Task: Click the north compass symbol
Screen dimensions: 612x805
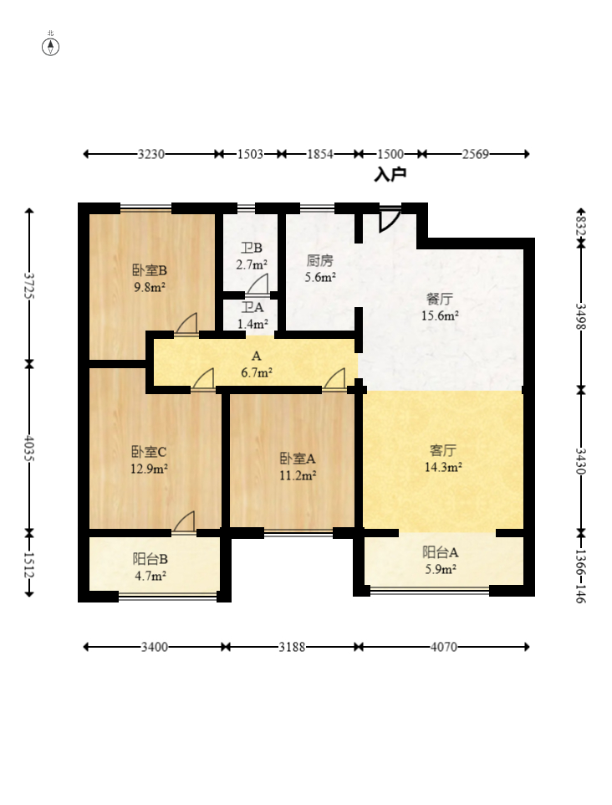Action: coord(50,47)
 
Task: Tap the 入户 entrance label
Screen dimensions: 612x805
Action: coord(390,175)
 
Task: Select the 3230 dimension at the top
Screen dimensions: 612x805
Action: coord(150,154)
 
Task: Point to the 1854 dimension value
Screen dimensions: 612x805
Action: coord(320,154)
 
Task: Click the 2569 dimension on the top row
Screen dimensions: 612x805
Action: coord(475,154)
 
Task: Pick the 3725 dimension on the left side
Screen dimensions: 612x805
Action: coord(29,286)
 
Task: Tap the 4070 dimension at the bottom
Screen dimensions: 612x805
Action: coord(444,647)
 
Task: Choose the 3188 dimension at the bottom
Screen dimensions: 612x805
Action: coord(292,647)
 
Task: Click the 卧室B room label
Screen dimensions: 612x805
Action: coord(150,270)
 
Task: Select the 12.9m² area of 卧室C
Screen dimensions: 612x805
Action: coord(150,469)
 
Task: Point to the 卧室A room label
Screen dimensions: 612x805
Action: coord(298,458)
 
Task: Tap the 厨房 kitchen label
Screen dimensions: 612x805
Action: coord(320,261)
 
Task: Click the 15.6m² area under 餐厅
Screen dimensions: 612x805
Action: coord(440,315)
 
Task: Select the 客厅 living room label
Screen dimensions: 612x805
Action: coord(443,451)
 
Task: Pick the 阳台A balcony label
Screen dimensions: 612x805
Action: coord(440,552)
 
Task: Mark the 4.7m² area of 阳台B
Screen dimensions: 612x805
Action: coord(150,576)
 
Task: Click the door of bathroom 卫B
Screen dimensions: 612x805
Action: coord(258,285)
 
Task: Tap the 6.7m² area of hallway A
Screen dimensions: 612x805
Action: coord(257,372)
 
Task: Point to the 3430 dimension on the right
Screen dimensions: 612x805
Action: coord(580,461)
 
